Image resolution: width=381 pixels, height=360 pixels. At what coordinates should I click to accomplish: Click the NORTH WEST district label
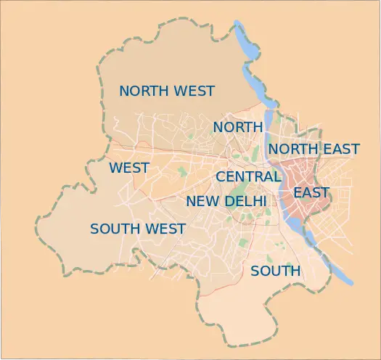(167, 91)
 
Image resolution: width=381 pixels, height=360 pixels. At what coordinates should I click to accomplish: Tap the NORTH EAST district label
(314, 150)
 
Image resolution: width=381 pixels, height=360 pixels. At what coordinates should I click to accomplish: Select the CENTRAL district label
(247, 176)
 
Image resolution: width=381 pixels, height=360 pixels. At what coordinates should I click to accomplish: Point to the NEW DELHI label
(226, 201)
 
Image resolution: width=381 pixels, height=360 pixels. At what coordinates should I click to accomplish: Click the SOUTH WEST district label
(138, 229)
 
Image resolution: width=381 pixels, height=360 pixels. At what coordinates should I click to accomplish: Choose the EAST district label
(311, 193)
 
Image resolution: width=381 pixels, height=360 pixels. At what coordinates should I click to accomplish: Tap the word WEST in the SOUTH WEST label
(167, 229)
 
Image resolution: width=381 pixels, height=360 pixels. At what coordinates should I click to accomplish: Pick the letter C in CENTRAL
(221, 176)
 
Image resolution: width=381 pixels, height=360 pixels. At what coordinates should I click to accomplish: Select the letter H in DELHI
(258, 201)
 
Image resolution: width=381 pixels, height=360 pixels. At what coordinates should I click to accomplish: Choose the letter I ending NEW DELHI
(265, 201)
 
